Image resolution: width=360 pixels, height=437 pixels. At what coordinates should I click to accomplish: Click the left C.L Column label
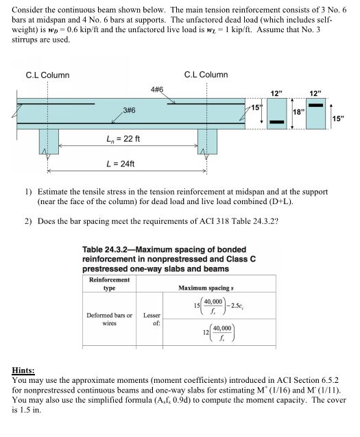[47, 75]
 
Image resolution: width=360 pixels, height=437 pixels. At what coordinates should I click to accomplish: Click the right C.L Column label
[206, 75]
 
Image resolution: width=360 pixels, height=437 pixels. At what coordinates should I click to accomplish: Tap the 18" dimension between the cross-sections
[299, 112]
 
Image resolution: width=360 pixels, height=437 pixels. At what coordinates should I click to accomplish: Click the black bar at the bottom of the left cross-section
[277, 123]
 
